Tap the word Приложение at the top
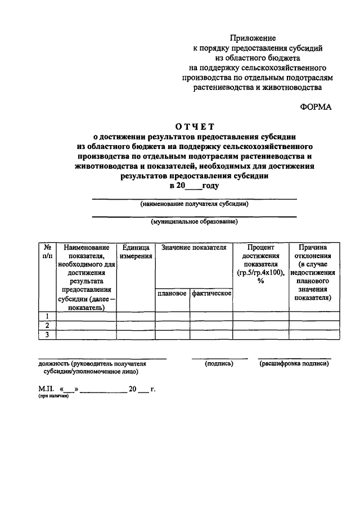pos(258,38)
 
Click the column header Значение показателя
pos(193,247)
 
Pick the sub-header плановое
pos(172,294)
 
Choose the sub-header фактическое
pos(211,294)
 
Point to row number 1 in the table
pos(47,316)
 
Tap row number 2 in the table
pos(47,325)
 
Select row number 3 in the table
pos(47,335)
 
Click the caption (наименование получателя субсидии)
pos(194,204)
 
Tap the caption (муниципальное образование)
pos(194,222)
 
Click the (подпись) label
pos(219,364)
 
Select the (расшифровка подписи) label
pos(294,364)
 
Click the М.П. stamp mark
pos(46,388)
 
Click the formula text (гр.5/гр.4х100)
pos(260,273)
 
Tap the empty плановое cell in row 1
pos(172,316)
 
